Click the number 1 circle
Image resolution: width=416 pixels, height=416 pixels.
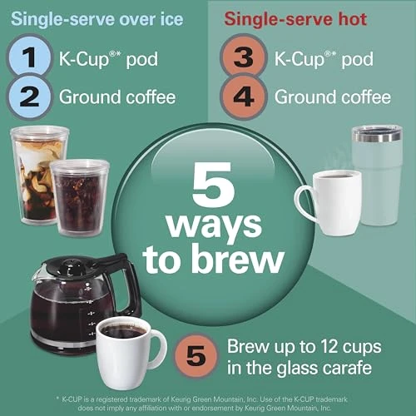tap(28, 59)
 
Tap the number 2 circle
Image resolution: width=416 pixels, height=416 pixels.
tap(28, 97)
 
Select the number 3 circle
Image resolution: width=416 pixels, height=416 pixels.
tap(244, 59)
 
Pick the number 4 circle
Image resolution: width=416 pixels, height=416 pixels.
tap(244, 97)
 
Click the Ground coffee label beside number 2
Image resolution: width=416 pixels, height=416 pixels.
tap(116, 97)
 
